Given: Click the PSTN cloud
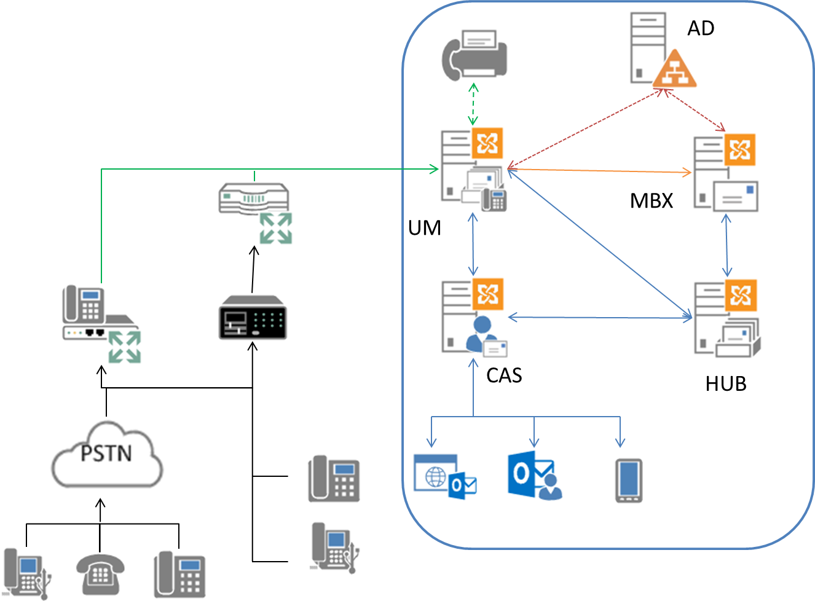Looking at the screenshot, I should click(106, 454).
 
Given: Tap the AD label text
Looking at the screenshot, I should click(701, 28).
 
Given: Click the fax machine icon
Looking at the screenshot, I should click(474, 55).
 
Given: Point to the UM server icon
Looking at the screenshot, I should click(473, 170).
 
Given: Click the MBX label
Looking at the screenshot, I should click(652, 201).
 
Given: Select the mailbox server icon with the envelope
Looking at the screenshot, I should click(726, 173).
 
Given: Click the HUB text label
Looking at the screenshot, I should click(726, 384).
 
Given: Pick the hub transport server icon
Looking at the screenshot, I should click(726, 318).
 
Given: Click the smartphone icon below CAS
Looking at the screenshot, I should click(629, 481).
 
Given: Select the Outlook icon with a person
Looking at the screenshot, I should click(534, 476).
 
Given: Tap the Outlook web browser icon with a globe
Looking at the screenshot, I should click(444, 477).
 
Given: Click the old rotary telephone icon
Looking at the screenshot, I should click(100, 574).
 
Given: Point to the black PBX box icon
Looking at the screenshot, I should click(252, 318).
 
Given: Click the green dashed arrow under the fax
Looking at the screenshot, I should click(473, 104).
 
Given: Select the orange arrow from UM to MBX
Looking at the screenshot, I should click(599, 170).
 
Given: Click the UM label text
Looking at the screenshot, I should click(425, 228).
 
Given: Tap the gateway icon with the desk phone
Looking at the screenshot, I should click(101, 323).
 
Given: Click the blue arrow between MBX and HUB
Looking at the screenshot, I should click(727, 245).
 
